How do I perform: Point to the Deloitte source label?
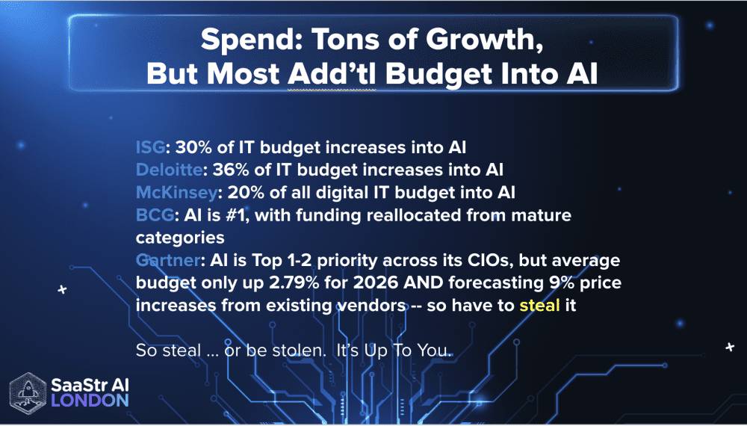[x=166, y=168]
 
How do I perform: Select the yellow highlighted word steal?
[x=539, y=306]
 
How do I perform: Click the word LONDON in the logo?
[x=90, y=400]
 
